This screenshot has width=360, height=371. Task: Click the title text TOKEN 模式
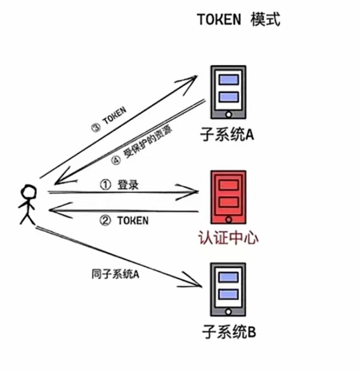pos(239,20)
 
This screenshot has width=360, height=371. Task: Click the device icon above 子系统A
pos(228,93)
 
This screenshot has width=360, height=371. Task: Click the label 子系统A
pos(228,134)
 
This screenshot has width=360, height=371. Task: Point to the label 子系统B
pos(228,332)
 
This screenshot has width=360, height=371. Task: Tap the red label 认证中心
pos(228,239)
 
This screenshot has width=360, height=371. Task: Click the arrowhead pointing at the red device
pos(192,192)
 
